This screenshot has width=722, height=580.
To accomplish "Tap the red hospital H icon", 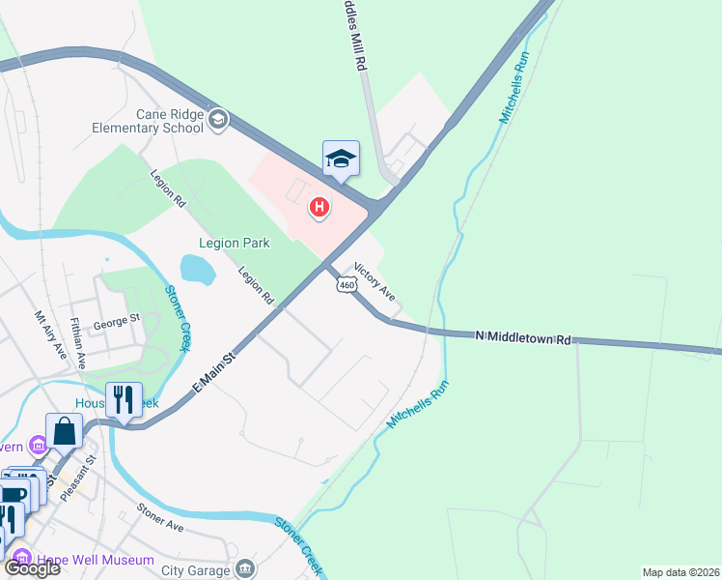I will [x=319, y=207].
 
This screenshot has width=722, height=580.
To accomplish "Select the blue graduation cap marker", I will [x=341, y=158].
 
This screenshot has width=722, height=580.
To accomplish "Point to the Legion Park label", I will [x=234, y=243].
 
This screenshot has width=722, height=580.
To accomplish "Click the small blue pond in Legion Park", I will [x=197, y=269].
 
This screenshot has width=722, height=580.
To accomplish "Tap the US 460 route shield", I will [x=346, y=283].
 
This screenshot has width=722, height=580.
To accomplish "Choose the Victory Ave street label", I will [x=375, y=279].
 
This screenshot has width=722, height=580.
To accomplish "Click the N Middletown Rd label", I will [x=522, y=337].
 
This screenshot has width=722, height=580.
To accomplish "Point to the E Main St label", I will [x=214, y=372].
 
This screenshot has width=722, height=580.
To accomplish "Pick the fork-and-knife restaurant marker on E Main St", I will [x=124, y=398].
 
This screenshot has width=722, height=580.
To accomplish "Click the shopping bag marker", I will [x=64, y=430].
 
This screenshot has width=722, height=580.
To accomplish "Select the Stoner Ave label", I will [x=160, y=518].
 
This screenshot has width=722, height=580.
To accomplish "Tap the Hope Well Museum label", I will [x=96, y=560].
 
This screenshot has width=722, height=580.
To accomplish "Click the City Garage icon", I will [x=246, y=566].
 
